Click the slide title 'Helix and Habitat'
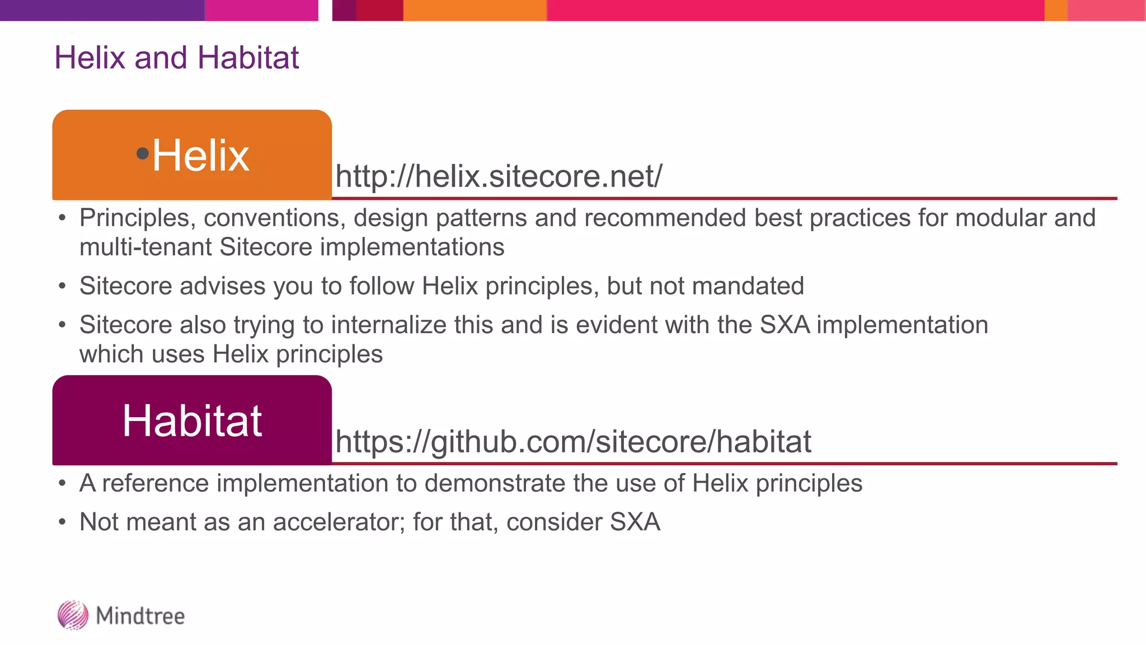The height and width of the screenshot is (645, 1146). [176, 58]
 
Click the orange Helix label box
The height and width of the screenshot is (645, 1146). [192, 155]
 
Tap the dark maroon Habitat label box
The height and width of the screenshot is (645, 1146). [192, 420]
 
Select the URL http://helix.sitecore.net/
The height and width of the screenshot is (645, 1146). [498, 176]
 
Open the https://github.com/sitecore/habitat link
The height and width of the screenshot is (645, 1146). [572, 441]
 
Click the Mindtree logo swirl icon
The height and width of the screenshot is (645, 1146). [73, 615]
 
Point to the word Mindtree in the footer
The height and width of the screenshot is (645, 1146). [140, 616]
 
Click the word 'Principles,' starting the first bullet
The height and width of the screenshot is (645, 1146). [137, 218]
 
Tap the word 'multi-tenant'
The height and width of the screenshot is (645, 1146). [145, 247]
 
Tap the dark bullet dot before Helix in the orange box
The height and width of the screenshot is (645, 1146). [143, 153]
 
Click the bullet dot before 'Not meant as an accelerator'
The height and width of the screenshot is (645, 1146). [62, 522]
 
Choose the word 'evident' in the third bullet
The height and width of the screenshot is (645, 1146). [610, 325]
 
